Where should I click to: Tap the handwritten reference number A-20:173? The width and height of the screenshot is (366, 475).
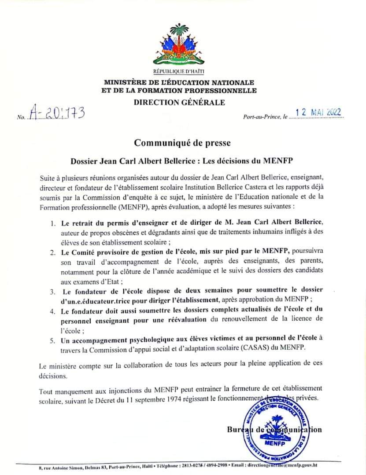(x=56, y=113)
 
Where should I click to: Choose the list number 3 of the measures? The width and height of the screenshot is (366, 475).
(x=52, y=291)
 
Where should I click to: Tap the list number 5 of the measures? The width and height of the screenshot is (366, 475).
(x=52, y=338)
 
